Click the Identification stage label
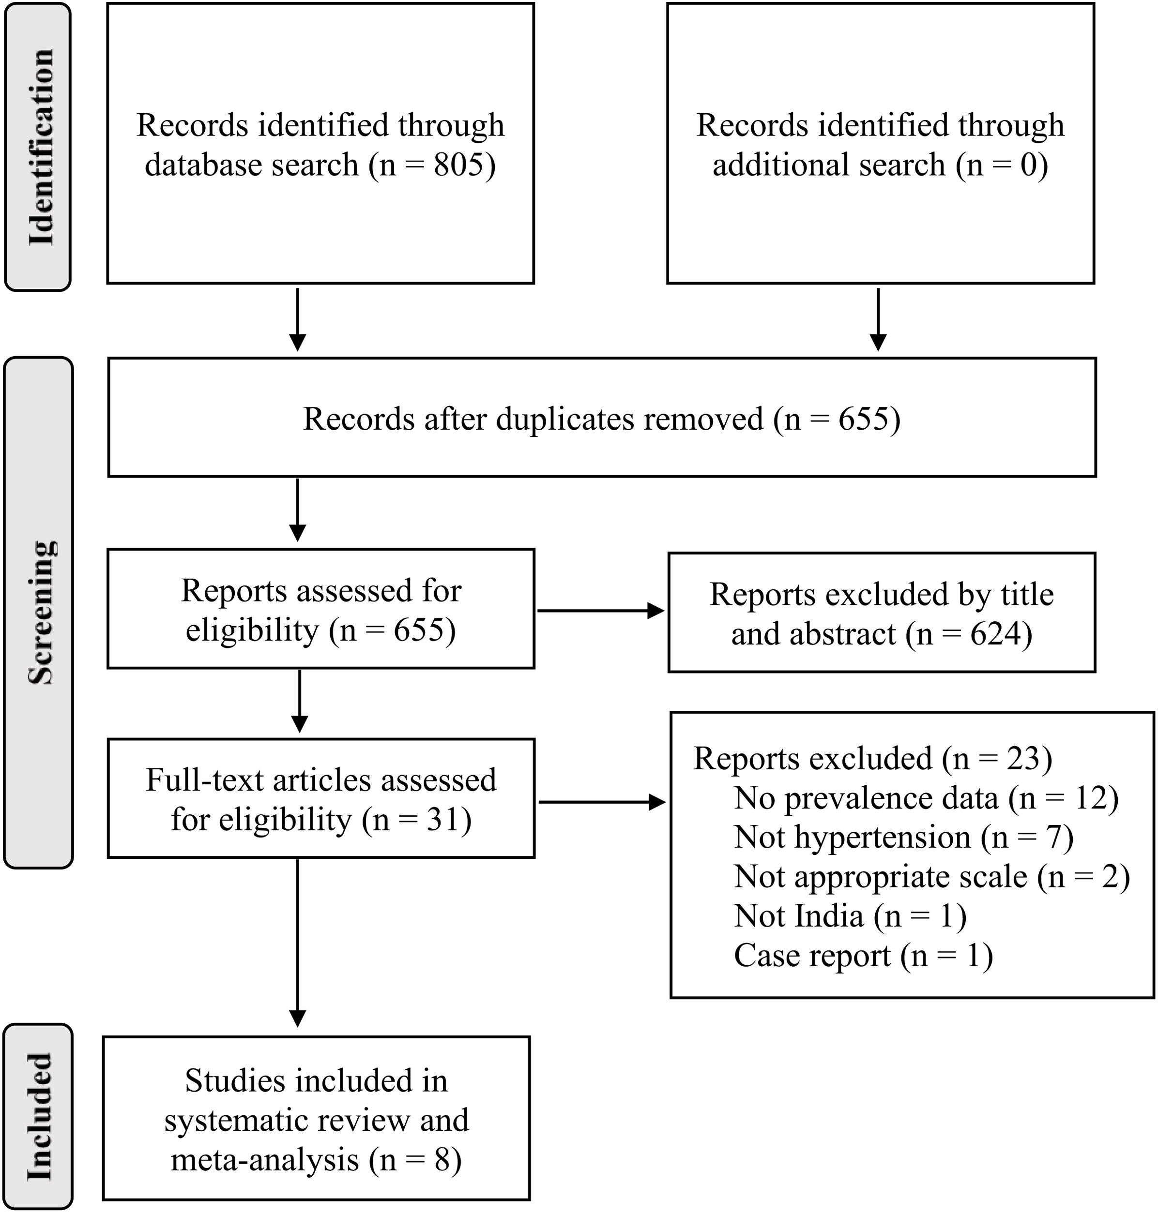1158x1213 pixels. [40, 147]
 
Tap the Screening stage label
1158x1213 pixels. [40, 612]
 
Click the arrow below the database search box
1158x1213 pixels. [298, 319]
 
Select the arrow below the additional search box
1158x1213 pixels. [877, 319]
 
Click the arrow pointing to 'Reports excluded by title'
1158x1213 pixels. [600, 611]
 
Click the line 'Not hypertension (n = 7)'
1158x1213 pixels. [903, 837]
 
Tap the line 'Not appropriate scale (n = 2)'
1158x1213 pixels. [931, 877]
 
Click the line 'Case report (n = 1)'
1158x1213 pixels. [862, 955]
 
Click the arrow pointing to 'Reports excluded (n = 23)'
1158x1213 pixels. [601, 802]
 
